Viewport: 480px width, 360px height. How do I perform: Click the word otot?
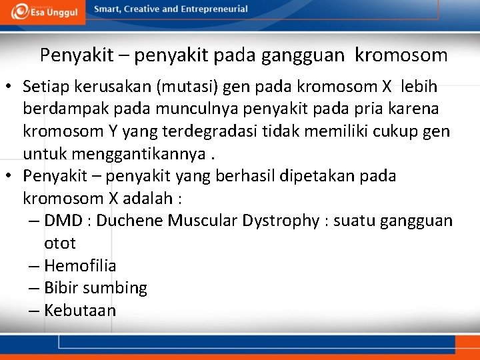(60, 243)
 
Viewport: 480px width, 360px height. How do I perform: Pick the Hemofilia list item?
(80, 265)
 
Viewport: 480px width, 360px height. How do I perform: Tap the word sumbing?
(115, 288)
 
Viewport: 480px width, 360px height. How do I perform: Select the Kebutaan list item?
(80, 310)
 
